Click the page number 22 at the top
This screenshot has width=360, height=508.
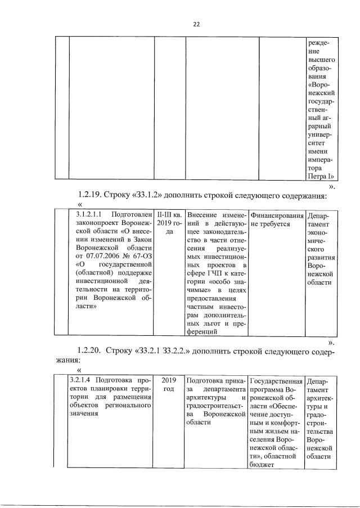point(196,24)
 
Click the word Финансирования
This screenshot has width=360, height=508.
point(274,215)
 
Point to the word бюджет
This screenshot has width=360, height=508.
point(261,464)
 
